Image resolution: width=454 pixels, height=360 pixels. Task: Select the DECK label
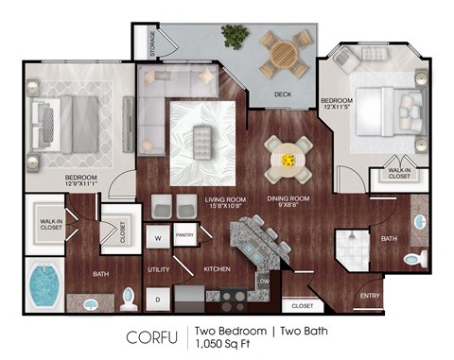[x=283, y=94]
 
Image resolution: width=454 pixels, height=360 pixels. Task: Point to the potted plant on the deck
[x=233, y=38]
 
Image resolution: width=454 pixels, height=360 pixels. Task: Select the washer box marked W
[x=158, y=238]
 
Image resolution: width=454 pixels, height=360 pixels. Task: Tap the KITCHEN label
[x=217, y=270]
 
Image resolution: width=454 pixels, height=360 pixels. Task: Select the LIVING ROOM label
[x=227, y=199]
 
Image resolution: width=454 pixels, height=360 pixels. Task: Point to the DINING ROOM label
[x=288, y=199]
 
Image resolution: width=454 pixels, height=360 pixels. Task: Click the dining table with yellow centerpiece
[x=288, y=159]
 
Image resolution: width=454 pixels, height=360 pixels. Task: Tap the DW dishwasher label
[x=265, y=281]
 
